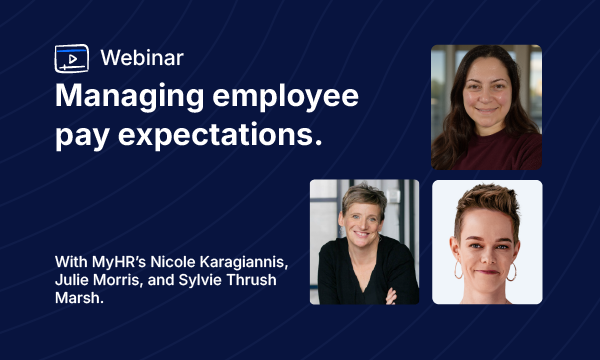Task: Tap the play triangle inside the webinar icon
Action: pos(72,57)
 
